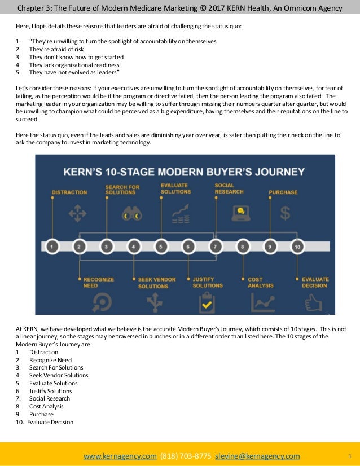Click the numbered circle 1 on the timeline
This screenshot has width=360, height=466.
pos(52,247)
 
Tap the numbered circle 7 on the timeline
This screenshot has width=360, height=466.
pos(214,247)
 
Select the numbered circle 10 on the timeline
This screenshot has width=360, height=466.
pos(297,247)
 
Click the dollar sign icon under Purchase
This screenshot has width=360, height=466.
pos(286,213)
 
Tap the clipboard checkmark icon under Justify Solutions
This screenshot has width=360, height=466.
pos(207,303)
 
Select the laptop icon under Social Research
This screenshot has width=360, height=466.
pos(240,213)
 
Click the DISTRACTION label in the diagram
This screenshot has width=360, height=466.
pos(69,192)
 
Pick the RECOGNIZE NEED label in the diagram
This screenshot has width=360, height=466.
pos(99,283)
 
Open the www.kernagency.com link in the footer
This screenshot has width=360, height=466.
pos(120,456)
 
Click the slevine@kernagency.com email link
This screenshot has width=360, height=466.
pos(257,456)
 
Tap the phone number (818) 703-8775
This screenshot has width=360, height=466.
pos(186,456)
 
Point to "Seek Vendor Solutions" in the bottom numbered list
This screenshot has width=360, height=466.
pos(59,375)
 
